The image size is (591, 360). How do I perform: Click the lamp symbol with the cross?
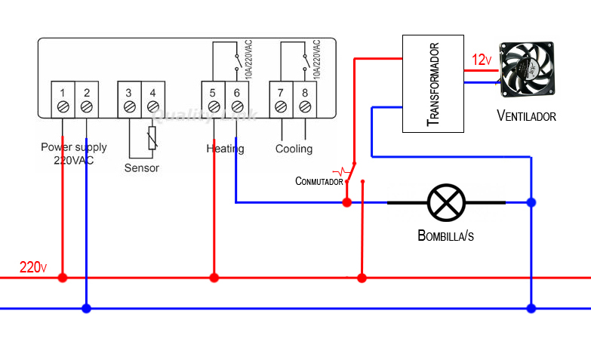446,202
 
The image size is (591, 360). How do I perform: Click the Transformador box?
433,84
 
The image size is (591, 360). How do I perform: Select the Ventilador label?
526,116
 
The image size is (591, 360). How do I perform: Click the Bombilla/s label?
445,235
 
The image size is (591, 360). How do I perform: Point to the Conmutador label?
319,181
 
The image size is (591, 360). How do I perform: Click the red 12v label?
482,60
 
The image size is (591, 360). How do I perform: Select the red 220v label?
33,267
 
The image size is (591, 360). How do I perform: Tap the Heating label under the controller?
225,149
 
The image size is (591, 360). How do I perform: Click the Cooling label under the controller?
294,149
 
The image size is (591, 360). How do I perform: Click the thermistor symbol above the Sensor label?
152,138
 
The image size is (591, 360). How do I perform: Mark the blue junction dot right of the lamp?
531,202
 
